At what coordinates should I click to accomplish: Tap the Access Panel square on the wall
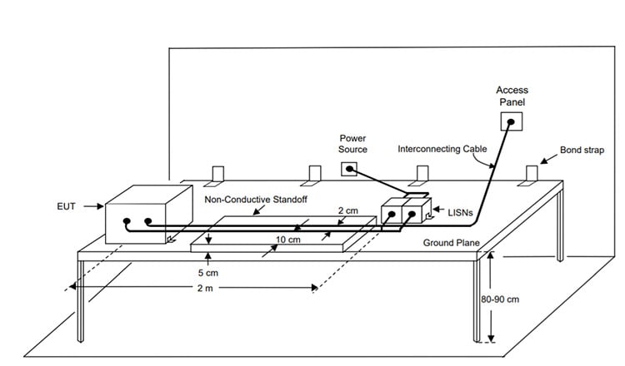point(511,122)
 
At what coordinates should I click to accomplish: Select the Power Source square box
point(349,170)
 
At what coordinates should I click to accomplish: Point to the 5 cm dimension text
point(207,272)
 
